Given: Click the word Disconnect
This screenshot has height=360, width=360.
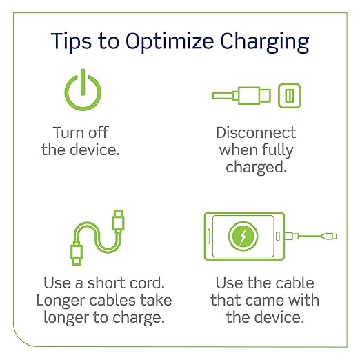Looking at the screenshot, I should (256, 132).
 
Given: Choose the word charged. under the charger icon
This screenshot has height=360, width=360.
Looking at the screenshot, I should (256, 168).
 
